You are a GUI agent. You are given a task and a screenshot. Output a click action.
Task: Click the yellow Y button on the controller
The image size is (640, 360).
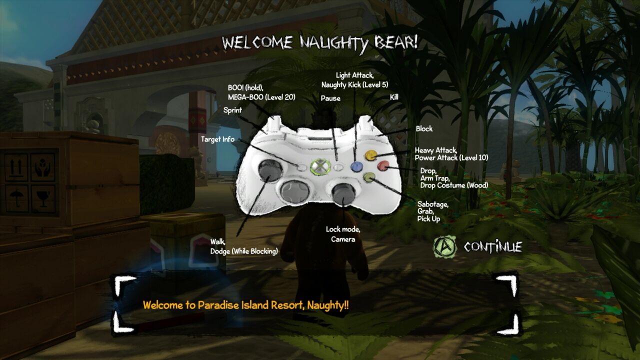[x=370, y=155]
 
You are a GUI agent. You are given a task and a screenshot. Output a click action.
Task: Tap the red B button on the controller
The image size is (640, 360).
[x=383, y=165]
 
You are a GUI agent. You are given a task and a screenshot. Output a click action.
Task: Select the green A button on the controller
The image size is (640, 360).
[x=369, y=177]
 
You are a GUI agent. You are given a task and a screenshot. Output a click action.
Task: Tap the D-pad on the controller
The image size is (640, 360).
[x=295, y=190]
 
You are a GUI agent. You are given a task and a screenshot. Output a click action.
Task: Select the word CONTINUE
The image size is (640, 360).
[x=492, y=247]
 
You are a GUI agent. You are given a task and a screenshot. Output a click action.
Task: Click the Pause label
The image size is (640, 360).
[x=330, y=98]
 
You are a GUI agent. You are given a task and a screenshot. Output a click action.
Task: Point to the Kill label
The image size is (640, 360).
[x=394, y=97]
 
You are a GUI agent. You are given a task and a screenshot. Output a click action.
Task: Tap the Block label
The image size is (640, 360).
[x=424, y=129]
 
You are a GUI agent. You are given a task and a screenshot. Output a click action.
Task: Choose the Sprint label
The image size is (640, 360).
[x=232, y=110]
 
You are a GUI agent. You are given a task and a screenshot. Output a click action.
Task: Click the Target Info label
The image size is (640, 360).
[x=217, y=139]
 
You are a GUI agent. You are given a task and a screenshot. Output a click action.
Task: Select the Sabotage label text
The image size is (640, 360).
[x=432, y=204]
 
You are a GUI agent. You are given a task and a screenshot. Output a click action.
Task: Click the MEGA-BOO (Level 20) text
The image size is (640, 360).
[x=261, y=97]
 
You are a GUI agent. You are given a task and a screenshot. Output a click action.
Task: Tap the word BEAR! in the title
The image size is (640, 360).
[x=396, y=42]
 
